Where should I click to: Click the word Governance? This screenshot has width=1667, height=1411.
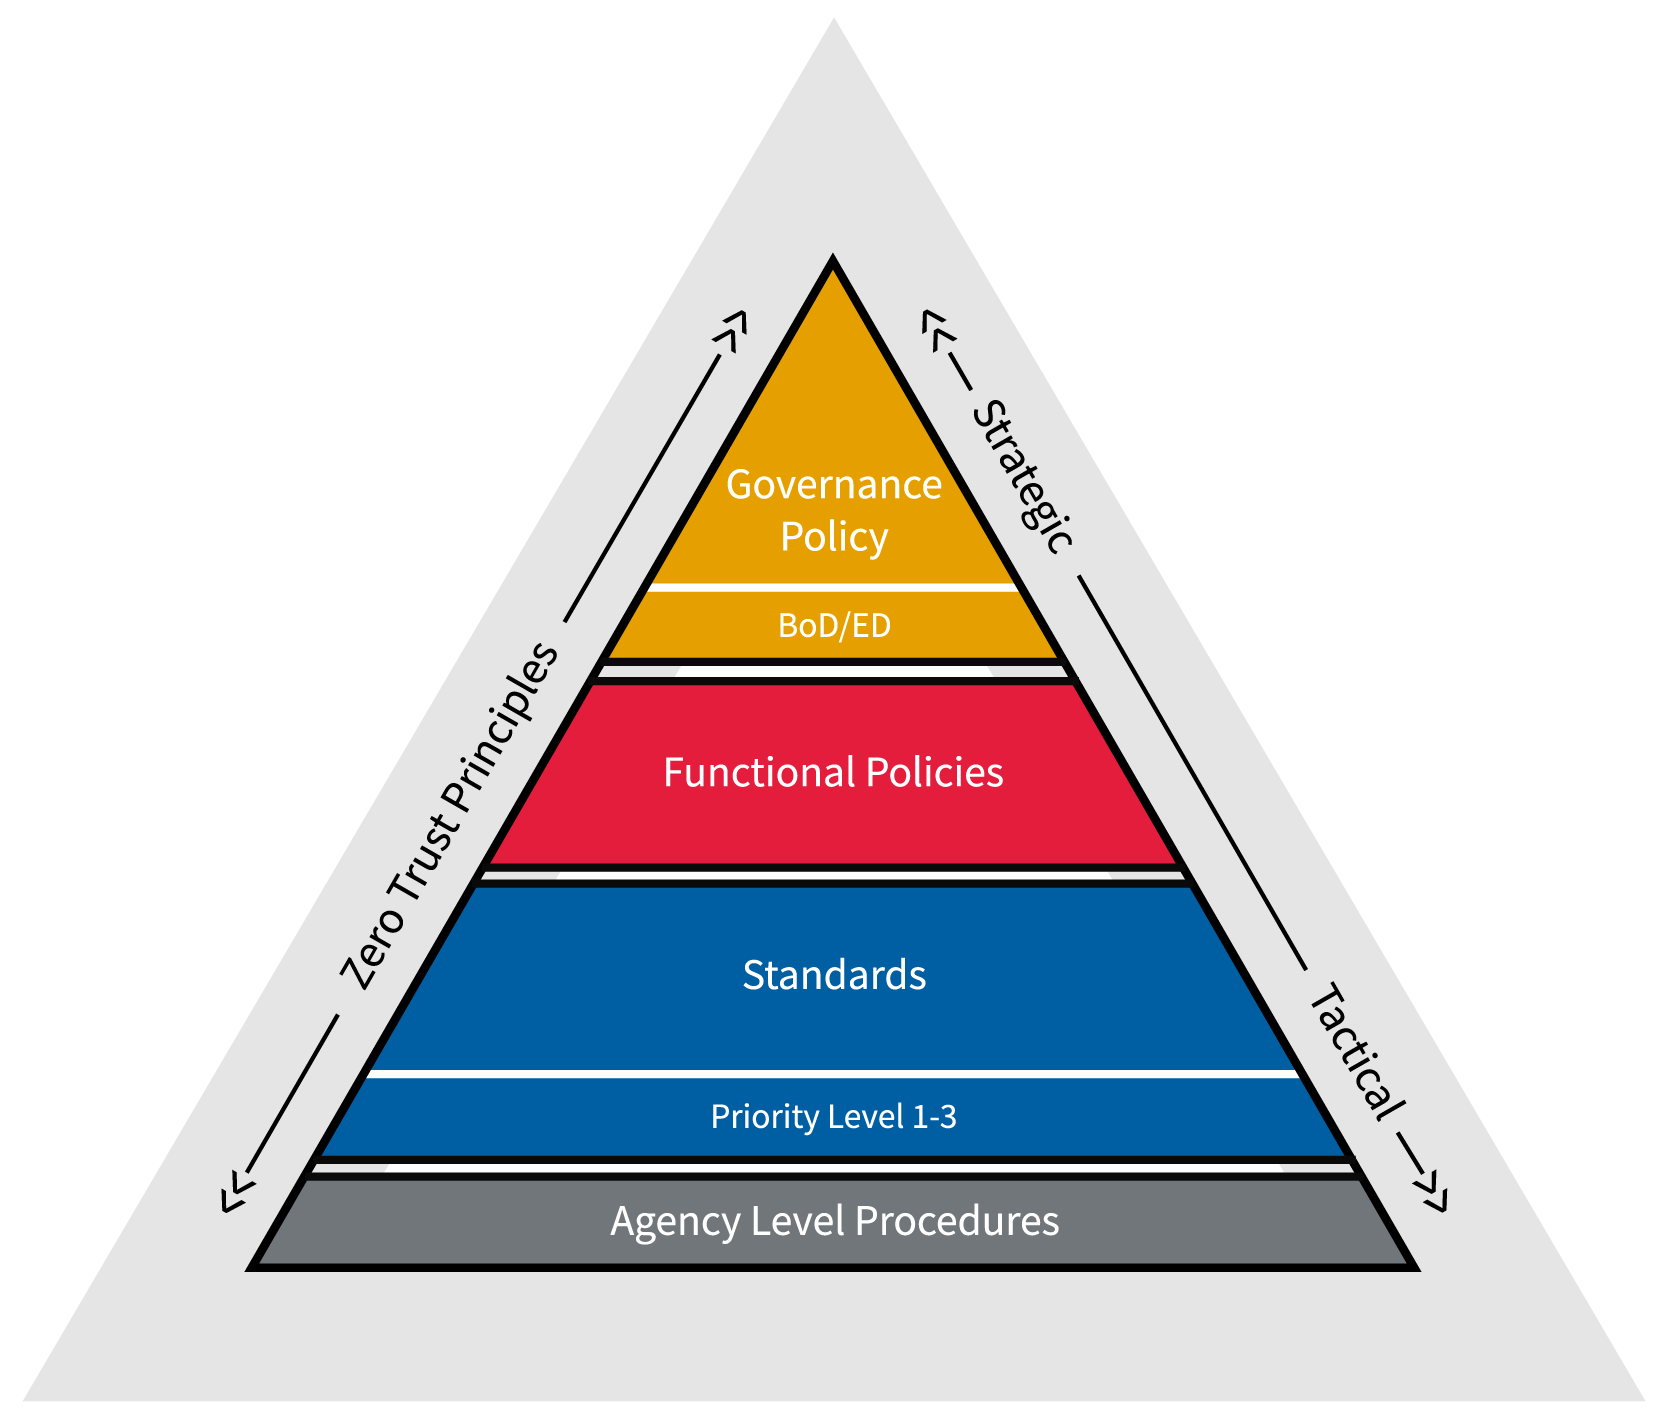coord(833,485)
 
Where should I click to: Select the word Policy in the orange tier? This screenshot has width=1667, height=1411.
coord(833,537)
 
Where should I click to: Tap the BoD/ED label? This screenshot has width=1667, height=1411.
coord(833,626)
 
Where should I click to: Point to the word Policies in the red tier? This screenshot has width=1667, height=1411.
coord(934,773)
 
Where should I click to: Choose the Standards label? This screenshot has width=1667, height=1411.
coord(833,975)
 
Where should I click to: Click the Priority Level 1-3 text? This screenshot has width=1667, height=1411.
coord(833,1116)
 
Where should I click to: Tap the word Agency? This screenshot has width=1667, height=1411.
coord(676,1221)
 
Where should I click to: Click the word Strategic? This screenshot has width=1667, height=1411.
coord(1023,476)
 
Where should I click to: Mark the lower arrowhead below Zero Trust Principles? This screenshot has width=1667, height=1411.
coord(232,1193)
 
